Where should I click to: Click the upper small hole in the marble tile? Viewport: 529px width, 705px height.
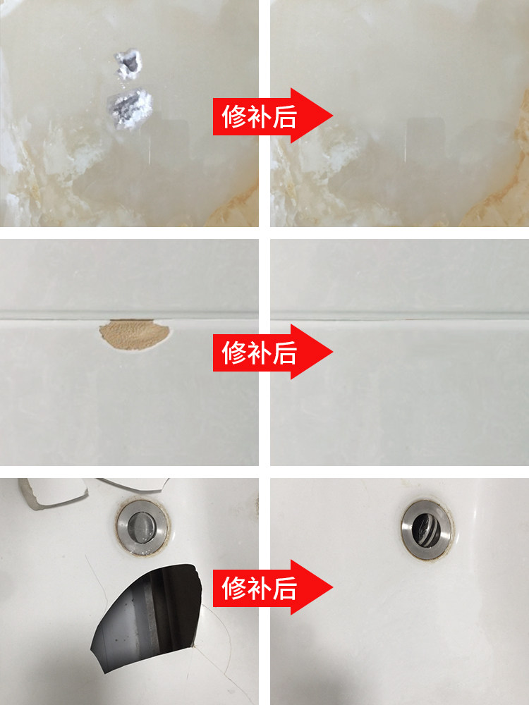pos(128,63)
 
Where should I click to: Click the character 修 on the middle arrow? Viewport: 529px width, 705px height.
pos(234,351)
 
